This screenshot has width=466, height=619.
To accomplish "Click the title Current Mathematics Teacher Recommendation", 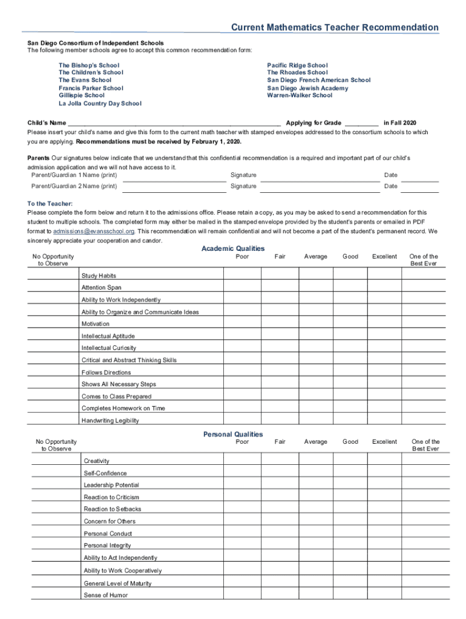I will click(335, 27).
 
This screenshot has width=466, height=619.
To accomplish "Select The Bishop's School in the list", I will click(89, 65).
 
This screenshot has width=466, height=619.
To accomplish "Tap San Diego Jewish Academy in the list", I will click(307, 88).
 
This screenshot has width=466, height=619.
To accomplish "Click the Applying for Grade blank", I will click(361, 123).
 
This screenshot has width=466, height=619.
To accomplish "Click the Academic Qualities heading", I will click(232, 248).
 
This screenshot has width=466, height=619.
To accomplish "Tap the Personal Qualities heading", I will click(233, 434).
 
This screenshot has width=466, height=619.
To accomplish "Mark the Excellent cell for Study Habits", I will click(384, 273).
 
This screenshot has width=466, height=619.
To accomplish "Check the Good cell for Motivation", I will click(350, 322).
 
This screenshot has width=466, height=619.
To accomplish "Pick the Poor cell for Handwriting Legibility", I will click(241, 418).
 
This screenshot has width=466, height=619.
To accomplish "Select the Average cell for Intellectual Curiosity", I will click(315, 346).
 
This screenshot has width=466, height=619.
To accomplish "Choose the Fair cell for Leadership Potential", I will click(280, 483).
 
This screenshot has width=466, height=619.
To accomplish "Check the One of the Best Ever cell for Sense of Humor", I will click(425, 593).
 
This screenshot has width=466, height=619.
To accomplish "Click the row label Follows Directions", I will click(106, 372).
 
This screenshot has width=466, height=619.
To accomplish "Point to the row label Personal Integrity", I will click(107, 545).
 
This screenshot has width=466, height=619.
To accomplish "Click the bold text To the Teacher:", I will click(50, 204).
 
